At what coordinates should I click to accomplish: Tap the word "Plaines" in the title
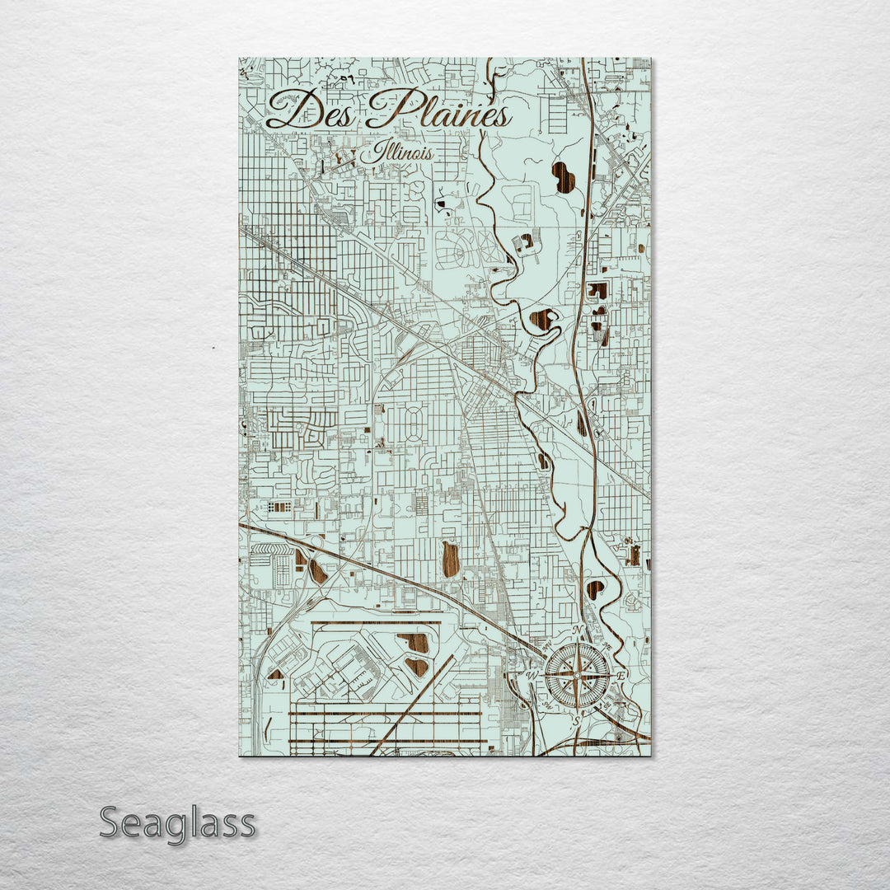pyautogui.click(x=438, y=111)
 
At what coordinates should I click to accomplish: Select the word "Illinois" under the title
pyautogui.click(x=400, y=152)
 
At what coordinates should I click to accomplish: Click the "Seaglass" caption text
pyautogui.click(x=177, y=823)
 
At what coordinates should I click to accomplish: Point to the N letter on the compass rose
pyautogui.click(x=578, y=632)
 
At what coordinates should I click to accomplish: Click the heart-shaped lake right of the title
pyautogui.click(x=564, y=177)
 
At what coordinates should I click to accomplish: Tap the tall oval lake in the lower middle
pyautogui.click(x=450, y=559)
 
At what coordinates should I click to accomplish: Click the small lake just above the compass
pyautogui.click(x=595, y=589)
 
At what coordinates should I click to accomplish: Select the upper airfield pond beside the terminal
pyautogui.click(x=415, y=642)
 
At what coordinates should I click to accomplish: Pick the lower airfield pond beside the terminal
pyautogui.click(x=418, y=666)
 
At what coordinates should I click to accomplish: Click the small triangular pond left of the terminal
pyautogui.click(x=276, y=674)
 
